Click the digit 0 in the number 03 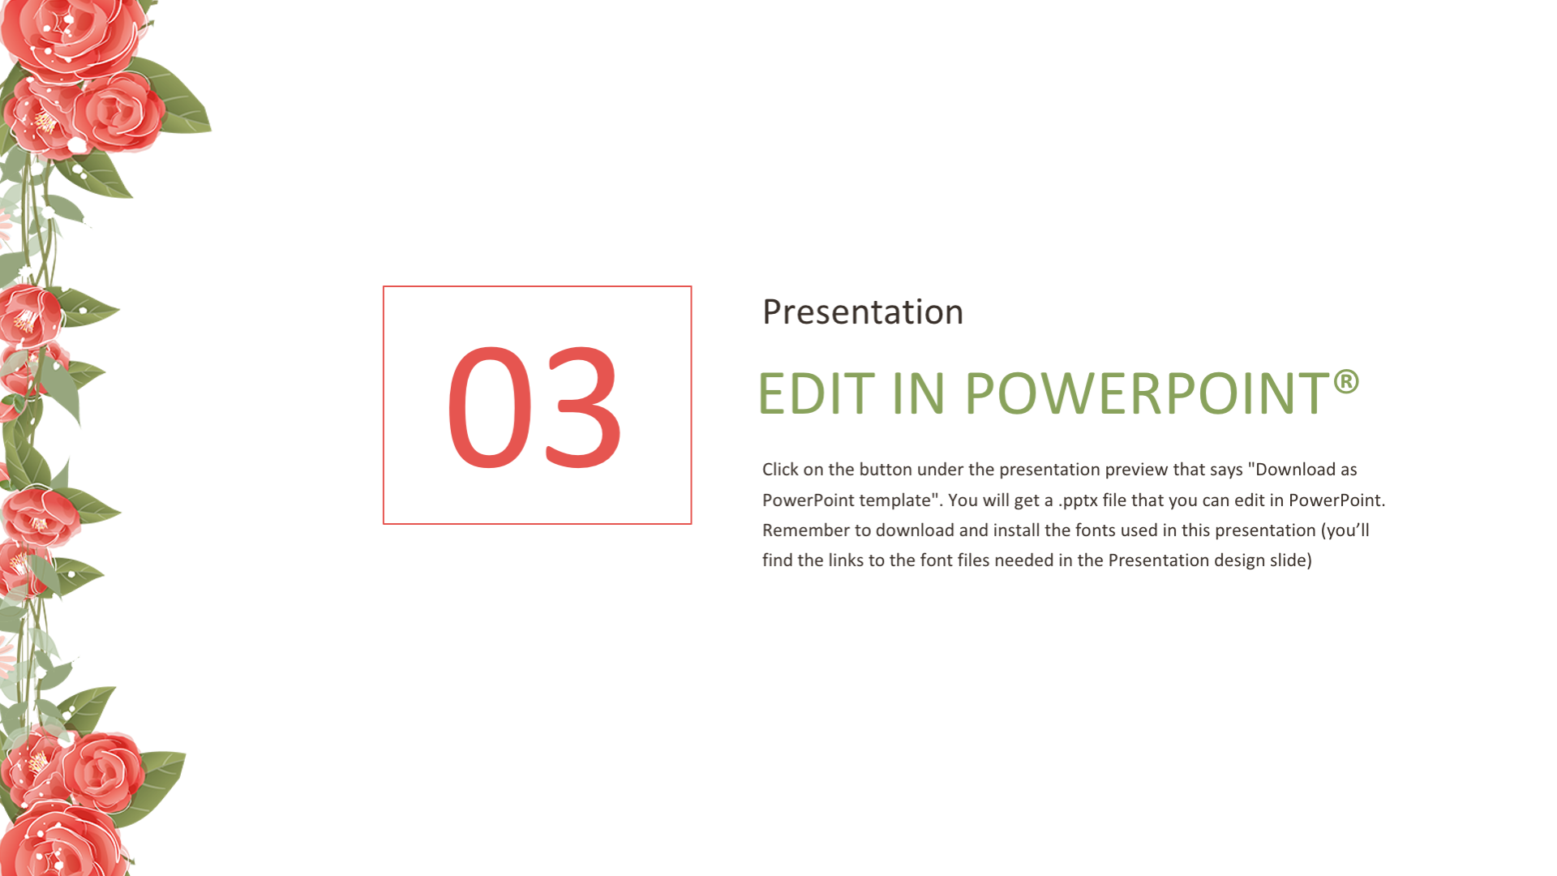tap(489, 407)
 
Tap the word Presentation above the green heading tap(863, 312)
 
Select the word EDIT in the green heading tap(816, 394)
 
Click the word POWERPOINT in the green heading tap(1146, 394)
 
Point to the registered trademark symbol tap(1346, 381)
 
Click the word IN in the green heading tap(918, 394)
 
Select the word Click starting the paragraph tap(780, 470)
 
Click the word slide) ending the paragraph tap(1290, 561)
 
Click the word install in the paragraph tap(1016, 530)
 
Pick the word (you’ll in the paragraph tap(1345, 531)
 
